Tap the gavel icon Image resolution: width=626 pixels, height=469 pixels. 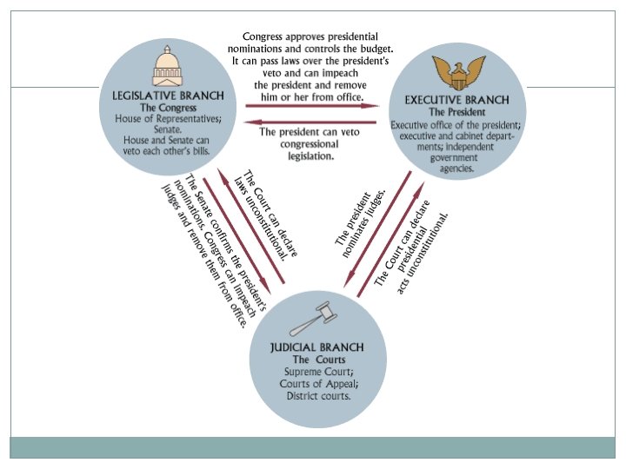(x=312, y=320)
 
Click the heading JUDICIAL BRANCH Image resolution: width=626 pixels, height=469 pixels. (x=316, y=347)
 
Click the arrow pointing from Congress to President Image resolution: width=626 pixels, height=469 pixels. (x=312, y=107)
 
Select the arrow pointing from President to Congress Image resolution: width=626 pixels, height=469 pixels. (x=312, y=122)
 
